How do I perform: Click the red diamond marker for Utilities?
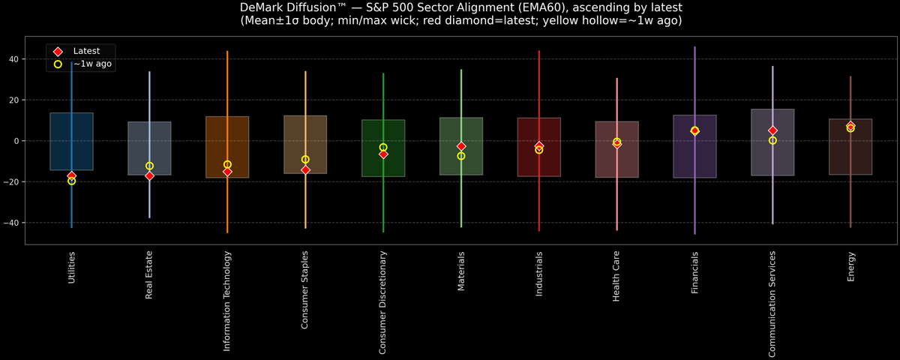(71, 175)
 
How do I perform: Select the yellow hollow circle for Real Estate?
(149, 166)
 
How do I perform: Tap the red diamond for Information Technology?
(227, 172)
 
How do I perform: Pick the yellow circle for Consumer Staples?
(305, 159)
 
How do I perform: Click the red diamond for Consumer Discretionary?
(383, 154)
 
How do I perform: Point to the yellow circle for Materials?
(461, 156)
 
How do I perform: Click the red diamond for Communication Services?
(772, 130)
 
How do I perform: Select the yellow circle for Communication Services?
(772, 140)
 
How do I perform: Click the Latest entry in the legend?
(85, 50)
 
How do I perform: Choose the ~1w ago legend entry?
(92, 64)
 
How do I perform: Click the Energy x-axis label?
(850, 267)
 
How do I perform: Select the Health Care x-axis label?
(616, 276)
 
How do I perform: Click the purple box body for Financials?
(694, 161)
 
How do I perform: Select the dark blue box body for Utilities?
(71, 127)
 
